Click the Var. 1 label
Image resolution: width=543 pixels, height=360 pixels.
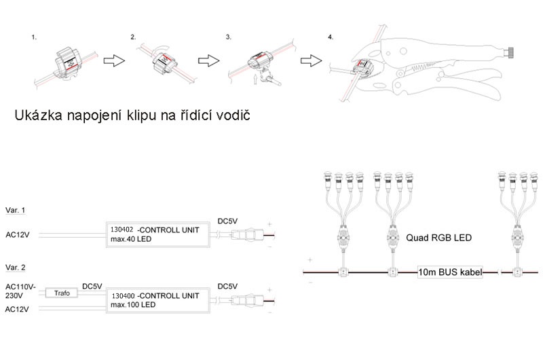click(x=15, y=211)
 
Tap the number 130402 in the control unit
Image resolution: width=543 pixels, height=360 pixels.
click(x=122, y=230)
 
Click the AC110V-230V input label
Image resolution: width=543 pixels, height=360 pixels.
click(x=20, y=292)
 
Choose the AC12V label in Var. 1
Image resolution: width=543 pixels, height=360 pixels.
click(x=18, y=234)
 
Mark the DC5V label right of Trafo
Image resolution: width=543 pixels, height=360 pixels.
click(x=92, y=287)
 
